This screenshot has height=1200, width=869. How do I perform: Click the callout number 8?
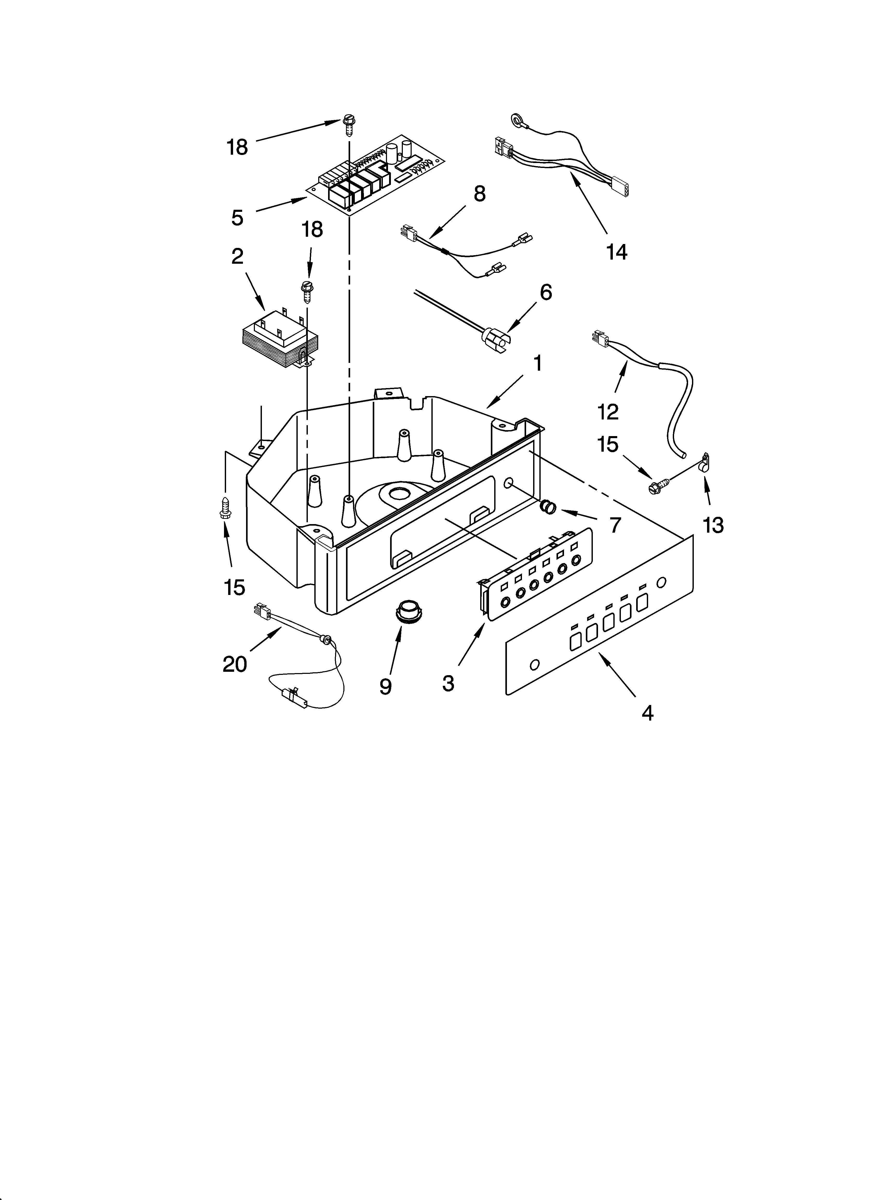[x=479, y=194]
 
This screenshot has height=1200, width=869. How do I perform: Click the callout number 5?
[x=237, y=217]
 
